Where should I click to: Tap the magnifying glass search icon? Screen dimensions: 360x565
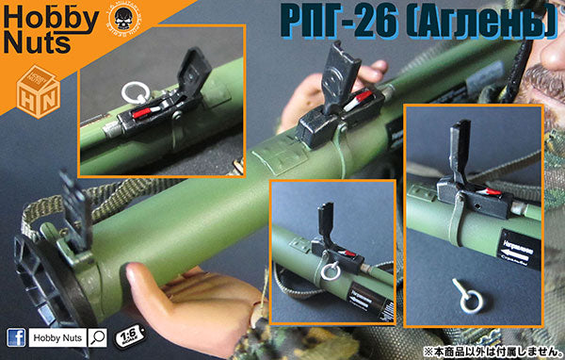(x=97, y=336)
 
